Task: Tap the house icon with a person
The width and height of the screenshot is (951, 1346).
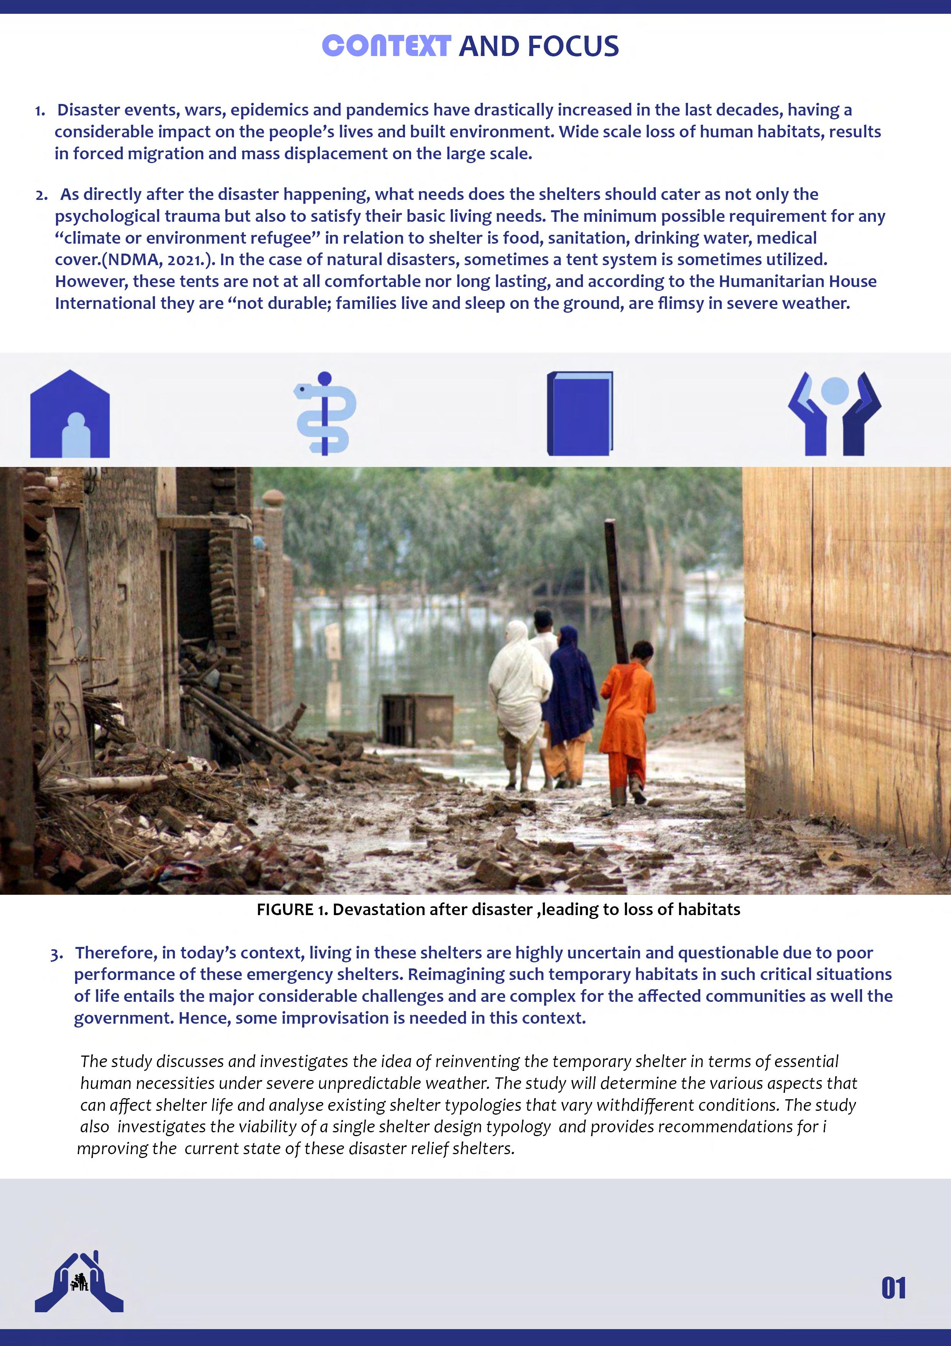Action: tap(70, 414)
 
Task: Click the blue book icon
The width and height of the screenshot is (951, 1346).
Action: tap(579, 413)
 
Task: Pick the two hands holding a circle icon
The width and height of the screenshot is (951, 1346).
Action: tap(834, 413)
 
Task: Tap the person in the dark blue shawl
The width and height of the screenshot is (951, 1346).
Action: tap(568, 686)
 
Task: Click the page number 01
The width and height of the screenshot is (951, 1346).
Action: tap(893, 1288)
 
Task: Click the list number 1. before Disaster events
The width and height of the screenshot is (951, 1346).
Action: tap(40, 110)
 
